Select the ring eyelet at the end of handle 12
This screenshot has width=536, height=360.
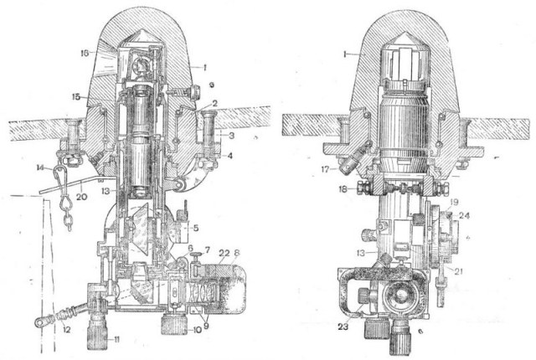(x=39, y=321)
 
